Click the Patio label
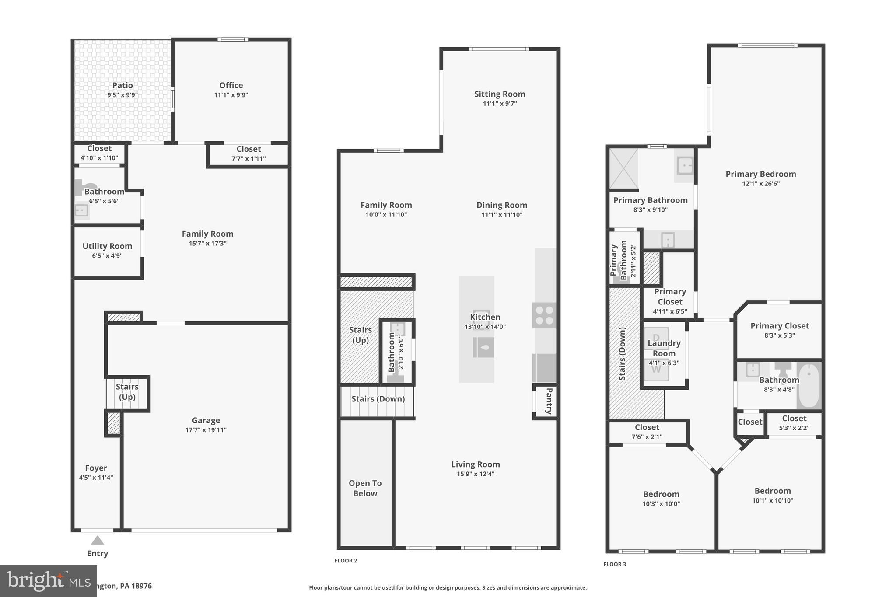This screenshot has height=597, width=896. (x=122, y=85)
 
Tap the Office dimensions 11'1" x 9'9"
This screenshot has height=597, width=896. (x=231, y=95)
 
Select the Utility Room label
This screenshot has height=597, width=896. (x=107, y=246)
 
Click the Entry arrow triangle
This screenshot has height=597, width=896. (x=98, y=541)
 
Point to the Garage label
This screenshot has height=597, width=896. (x=206, y=420)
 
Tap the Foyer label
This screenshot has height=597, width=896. (x=96, y=468)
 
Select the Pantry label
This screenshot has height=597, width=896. (x=549, y=401)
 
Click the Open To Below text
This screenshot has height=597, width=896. (x=365, y=488)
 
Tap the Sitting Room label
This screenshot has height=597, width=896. (x=500, y=94)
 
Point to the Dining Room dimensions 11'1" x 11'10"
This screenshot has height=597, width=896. (x=501, y=215)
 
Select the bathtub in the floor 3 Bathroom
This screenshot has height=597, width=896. (x=809, y=385)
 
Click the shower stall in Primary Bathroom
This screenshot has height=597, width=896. (x=623, y=168)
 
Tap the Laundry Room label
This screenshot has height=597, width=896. (x=664, y=348)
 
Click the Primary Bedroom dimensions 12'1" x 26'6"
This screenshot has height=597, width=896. (x=761, y=184)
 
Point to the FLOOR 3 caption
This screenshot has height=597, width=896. (x=615, y=564)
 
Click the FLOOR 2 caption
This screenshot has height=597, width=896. (x=346, y=561)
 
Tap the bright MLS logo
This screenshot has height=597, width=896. (x=48, y=581)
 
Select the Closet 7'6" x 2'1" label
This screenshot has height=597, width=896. (x=647, y=427)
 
